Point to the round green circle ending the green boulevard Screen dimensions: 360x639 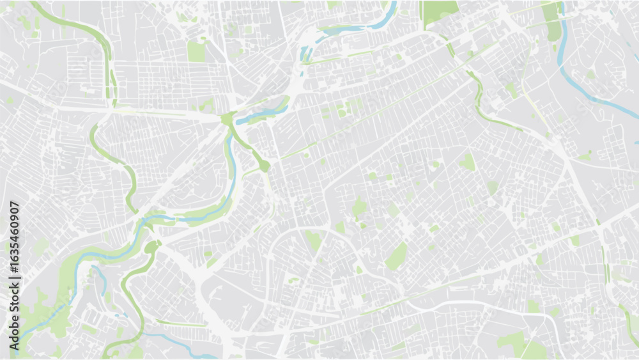pyautogui.click(x=264, y=166)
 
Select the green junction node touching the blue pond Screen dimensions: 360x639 pyautogui.click(x=228, y=119)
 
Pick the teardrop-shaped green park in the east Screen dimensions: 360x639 pyautogui.click(x=468, y=162)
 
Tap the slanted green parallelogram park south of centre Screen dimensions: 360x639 pyautogui.click(x=396, y=256)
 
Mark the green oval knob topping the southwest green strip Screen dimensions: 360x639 pyautogui.click(x=151, y=247)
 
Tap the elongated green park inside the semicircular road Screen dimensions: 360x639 pyautogui.click(x=313, y=241)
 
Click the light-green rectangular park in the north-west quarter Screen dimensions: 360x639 pyautogui.click(x=196, y=51)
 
